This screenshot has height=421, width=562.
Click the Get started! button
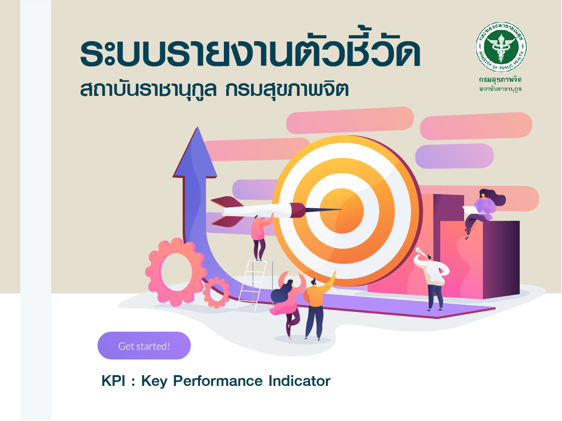click(x=144, y=346)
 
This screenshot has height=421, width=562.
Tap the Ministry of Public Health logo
click(x=501, y=47)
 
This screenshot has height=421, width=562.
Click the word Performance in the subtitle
click(x=218, y=381)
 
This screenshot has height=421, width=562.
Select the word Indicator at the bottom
click(x=300, y=381)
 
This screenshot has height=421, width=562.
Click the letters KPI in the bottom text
click(x=113, y=381)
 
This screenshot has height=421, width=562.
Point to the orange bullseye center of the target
click(x=341, y=210)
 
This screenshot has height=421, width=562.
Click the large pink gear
click(x=176, y=272)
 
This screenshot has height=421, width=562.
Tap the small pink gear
click(x=217, y=292)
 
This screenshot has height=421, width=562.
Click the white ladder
click(x=254, y=285)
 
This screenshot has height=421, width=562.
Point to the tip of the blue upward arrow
click(x=198, y=127)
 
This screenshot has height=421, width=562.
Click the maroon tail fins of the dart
click(x=227, y=211)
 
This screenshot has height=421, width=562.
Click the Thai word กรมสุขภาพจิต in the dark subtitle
click(x=287, y=89)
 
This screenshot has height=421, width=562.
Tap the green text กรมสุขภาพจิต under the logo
click(x=500, y=80)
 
